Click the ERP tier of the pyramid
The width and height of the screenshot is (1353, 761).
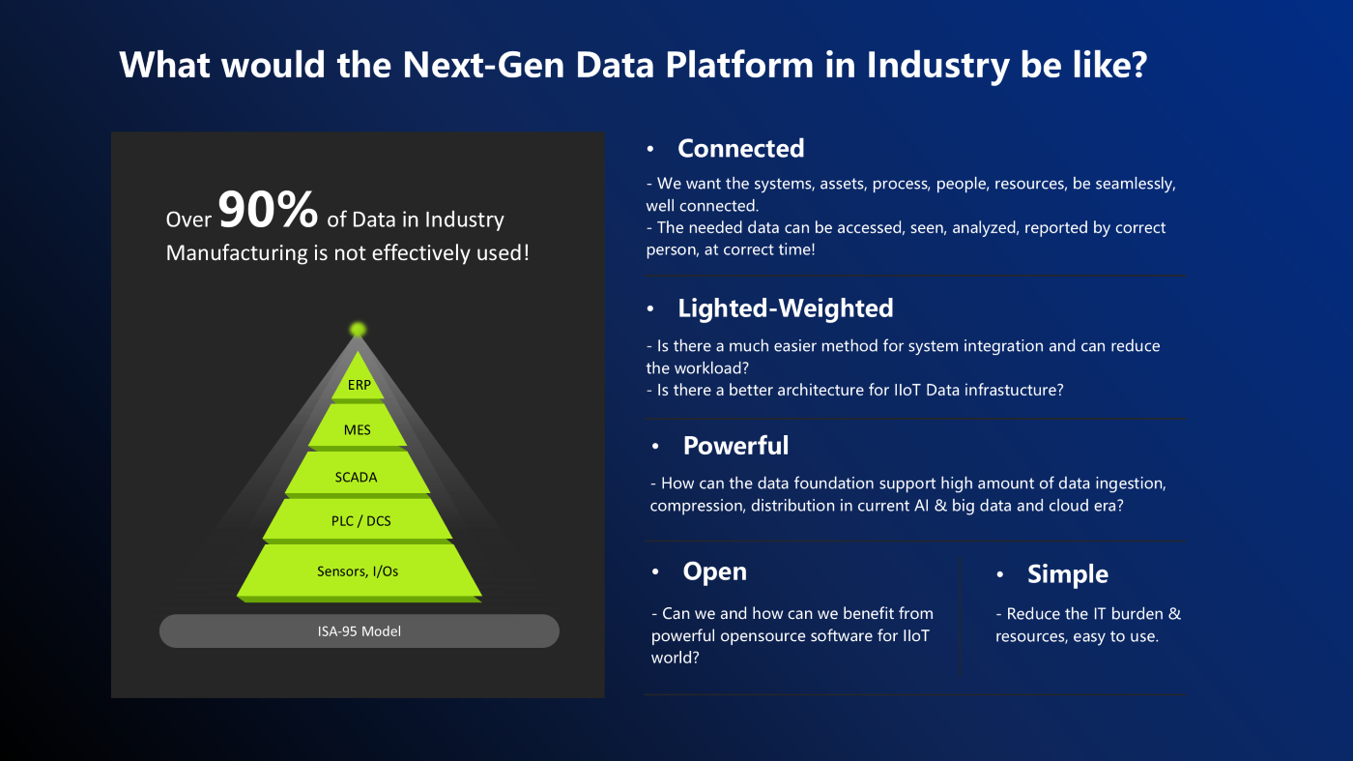[359, 385]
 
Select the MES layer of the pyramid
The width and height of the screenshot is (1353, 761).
[358, 430]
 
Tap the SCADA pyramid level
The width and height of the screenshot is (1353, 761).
[357, 477]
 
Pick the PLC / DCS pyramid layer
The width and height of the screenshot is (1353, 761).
[357, 521]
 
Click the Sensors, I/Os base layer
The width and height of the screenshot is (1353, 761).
[358, 571]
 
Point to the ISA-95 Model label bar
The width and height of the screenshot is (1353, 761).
[359, 631]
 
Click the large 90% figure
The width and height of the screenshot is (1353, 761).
[268, 210]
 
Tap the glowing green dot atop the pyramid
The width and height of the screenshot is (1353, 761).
[358, 330]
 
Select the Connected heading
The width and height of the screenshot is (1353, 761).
[740, 148]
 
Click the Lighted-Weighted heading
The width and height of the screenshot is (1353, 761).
[785, 307]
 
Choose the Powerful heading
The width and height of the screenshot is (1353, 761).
[735, 445]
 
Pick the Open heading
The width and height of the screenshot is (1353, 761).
[714, 571]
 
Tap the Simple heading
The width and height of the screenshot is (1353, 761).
[1067, 573]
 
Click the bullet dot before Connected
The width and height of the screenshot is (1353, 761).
[651, 149]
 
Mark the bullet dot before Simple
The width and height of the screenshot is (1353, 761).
[1001, 574]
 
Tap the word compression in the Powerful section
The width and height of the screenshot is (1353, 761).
[697, 506]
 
